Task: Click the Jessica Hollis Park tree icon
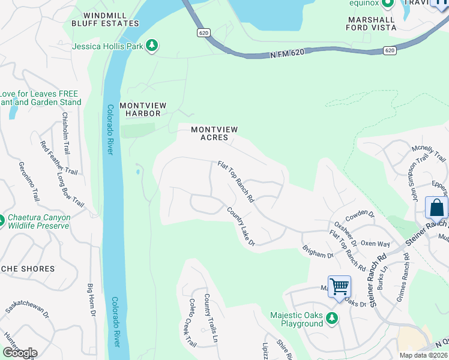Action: click(152, 46)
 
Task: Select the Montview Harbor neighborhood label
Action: click(140, 109)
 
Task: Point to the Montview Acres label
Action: click(214, 133)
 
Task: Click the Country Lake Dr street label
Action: click(241, 226)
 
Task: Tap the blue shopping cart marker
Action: click(339, 286)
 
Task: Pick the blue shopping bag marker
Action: click(436, 208)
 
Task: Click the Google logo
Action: click(20, 352)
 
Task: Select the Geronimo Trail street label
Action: click(25, 181)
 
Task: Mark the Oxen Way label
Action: click(376, 244)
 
